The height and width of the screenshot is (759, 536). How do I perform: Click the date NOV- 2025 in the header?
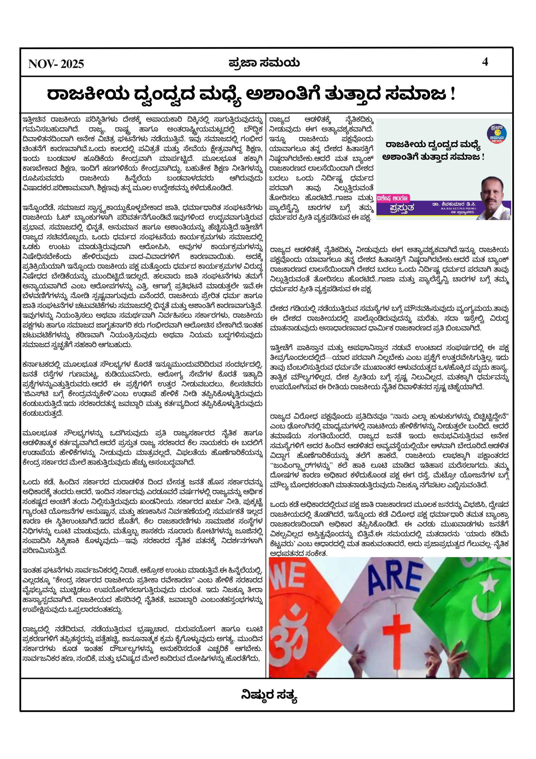56,63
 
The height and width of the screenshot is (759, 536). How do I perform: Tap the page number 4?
485,62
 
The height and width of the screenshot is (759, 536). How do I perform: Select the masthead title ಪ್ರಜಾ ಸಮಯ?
264,63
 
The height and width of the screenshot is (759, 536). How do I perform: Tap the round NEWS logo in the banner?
496,134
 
